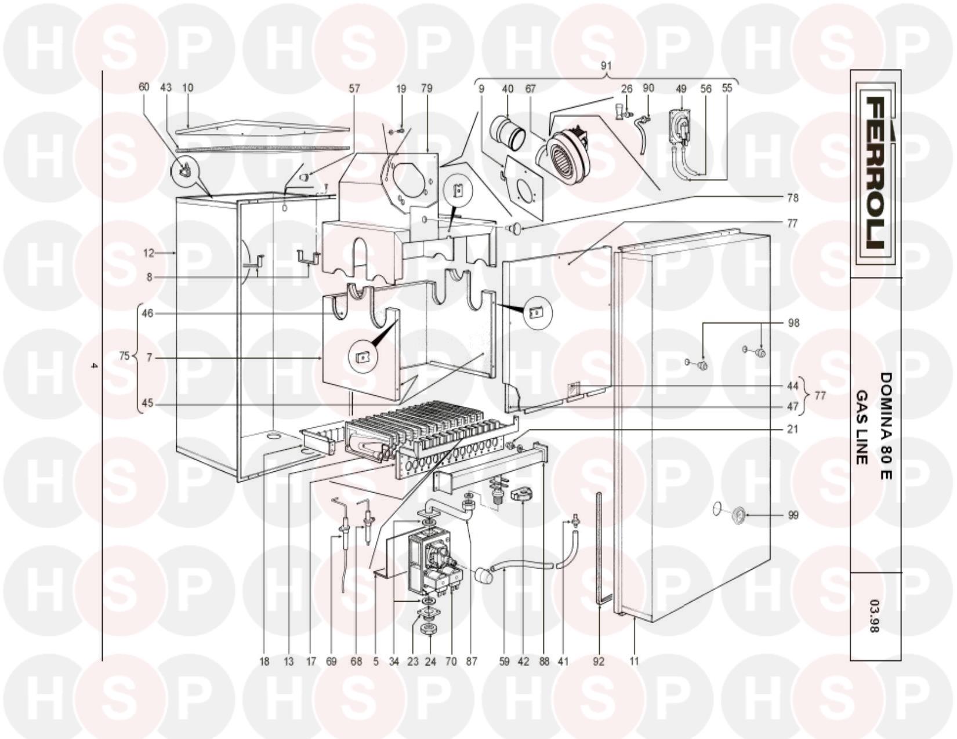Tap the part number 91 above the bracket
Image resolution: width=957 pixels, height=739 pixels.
tap(606, 66)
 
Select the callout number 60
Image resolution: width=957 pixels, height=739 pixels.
tap(144, 87)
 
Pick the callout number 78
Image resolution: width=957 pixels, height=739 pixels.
tap(792, 198)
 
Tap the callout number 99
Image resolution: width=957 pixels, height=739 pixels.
tap(793, 515)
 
